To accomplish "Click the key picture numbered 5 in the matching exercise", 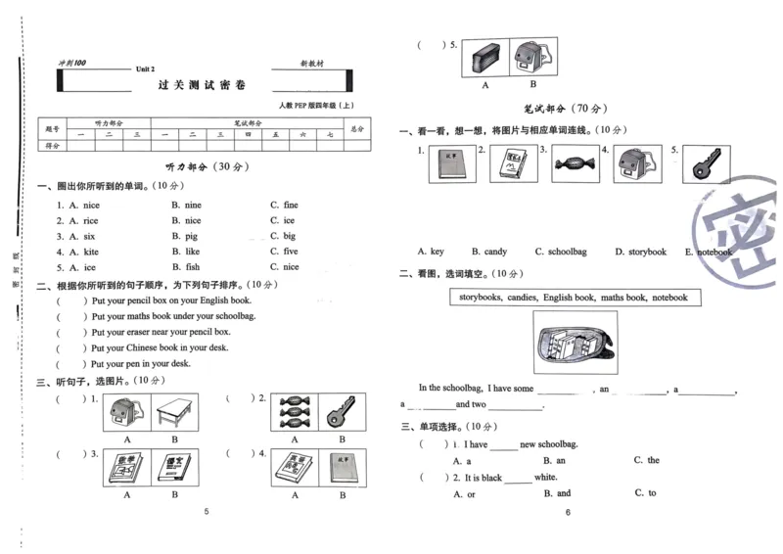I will (x=705, y=164).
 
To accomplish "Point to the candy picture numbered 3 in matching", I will (x=574, y=164).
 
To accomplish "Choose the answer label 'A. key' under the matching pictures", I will (x=430, y=252).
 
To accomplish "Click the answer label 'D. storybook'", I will (x=640, y=252).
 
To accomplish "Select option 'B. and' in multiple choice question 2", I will (x=557, y=493).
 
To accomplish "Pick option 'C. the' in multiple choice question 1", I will (x=646, y=460).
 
